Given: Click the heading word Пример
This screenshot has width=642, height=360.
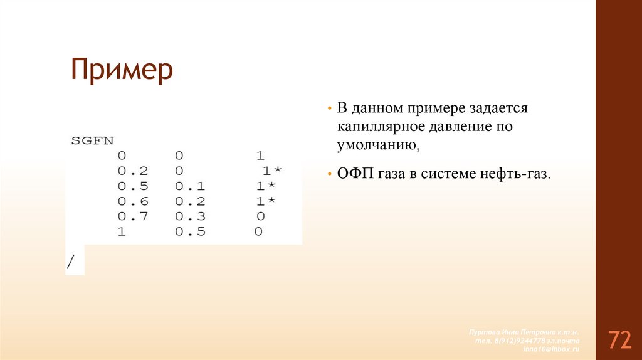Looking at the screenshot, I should point(122,70).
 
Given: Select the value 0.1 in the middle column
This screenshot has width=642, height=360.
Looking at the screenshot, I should point(189,186).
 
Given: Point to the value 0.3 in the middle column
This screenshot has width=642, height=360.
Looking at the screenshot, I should point(189,216).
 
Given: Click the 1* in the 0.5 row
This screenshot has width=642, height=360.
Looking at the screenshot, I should point(265,186).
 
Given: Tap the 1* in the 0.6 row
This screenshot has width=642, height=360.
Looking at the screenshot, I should point(265,201).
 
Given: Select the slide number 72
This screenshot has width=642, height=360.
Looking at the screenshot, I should point(618,340).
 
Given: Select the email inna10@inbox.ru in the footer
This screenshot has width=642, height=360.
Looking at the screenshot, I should point(551,349).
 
